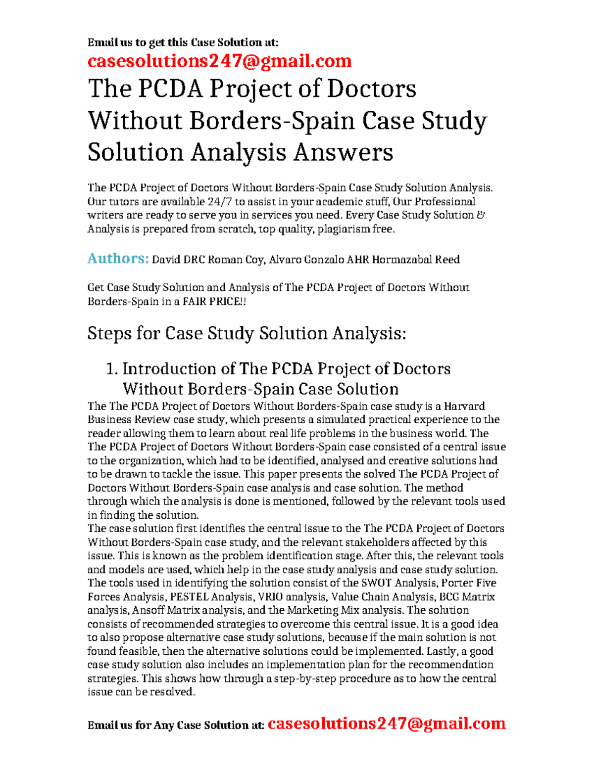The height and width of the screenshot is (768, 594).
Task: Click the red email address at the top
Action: (x=219, y=61)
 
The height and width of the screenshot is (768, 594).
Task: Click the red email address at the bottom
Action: (x=386, y=723)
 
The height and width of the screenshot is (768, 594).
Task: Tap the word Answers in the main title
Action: (x=343, y=152)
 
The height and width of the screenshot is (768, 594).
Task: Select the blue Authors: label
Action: (x=118, y=258)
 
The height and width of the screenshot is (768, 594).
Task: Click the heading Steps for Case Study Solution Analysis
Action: (x=247, y=333)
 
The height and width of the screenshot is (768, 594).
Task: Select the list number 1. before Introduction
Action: (x=112, y=369)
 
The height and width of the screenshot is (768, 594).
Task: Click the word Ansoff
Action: (x=148, y=610)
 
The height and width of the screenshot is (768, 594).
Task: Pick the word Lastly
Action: (x=445, y=651)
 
